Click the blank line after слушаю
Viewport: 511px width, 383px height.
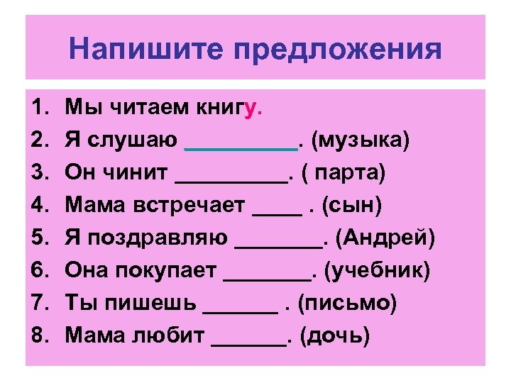point(241,148)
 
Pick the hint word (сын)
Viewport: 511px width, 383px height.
point(352,206)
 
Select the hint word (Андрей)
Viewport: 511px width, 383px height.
point(384,238)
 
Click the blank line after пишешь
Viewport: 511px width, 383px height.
point(240,311)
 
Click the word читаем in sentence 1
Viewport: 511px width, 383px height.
point(145,109)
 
